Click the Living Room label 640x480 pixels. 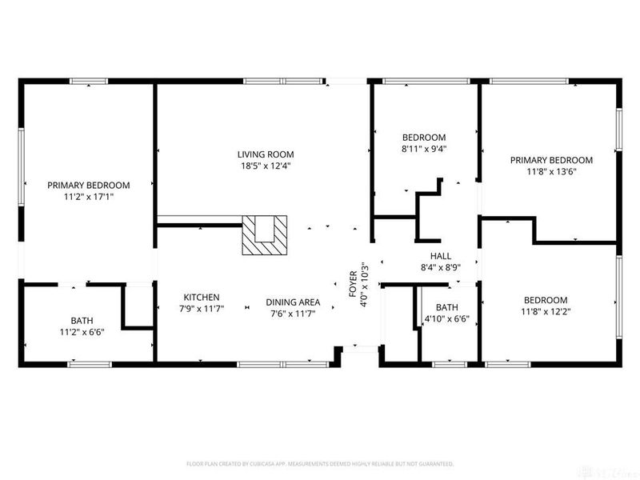click(265, 154)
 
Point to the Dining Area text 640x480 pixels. click(293, 302)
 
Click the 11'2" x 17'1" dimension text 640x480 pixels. click(88, 196)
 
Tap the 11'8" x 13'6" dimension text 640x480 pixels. click(551, 171)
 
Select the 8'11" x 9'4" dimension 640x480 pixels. click(423, 148)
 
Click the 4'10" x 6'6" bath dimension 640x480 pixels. click(446, 318)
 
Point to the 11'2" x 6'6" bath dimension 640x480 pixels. click(82, 331)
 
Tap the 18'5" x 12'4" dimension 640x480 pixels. click(265, 166)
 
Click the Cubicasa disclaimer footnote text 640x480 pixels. click(320, 464)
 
